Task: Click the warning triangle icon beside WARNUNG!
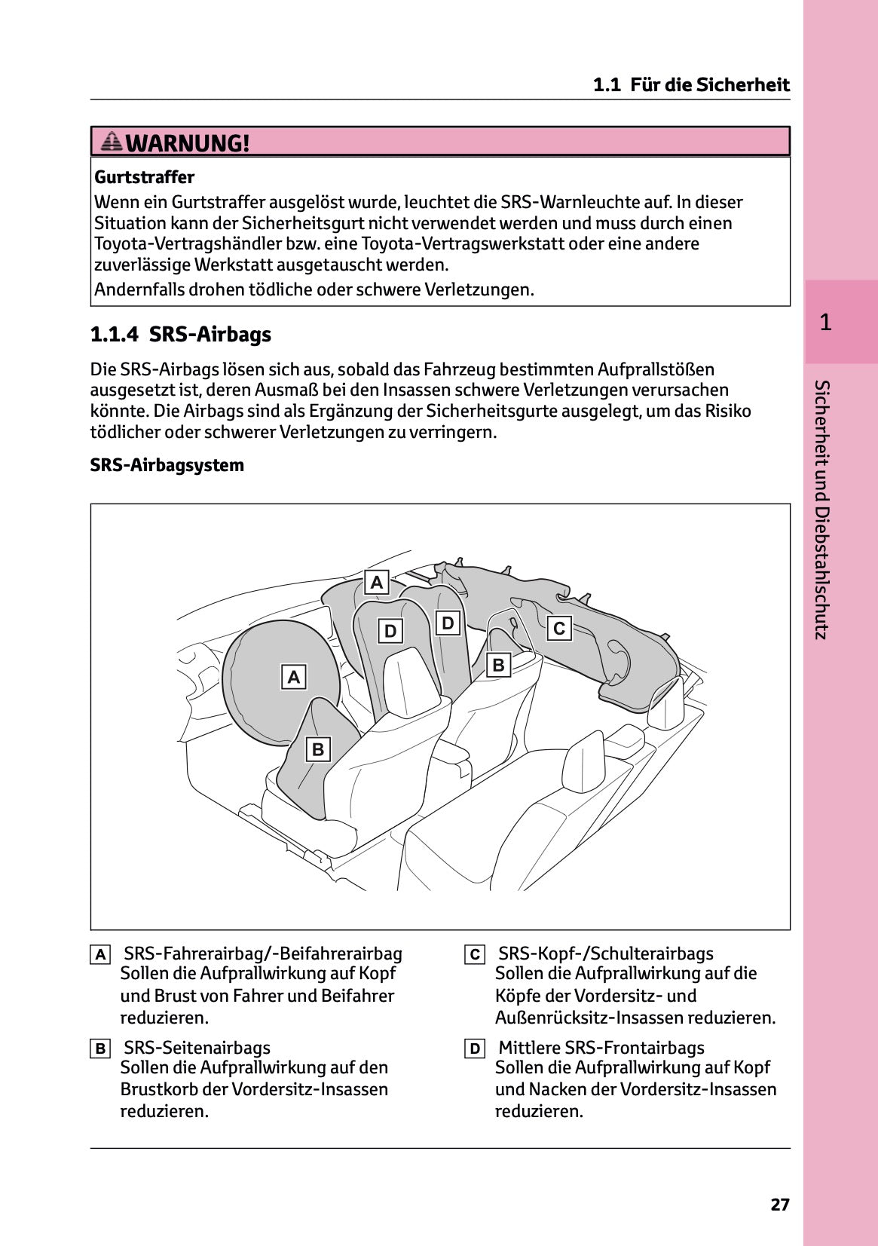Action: tap(112, 141)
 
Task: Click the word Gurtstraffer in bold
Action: tap(144, 177)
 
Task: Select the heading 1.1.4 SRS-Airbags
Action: tap(180, 334)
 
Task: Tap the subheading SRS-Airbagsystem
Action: tap(167, 465)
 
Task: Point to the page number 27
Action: tap(779, 1205)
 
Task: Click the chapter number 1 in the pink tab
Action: tap(825, 323)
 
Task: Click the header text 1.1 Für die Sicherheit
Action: tap(690, 84)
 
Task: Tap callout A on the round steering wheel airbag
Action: tap(294, 677)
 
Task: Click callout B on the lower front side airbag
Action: tap(318, 749)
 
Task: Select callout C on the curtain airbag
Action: tap(559, 628)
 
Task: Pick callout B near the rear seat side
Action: tap(497, 665)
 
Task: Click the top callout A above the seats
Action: tap(377, 582)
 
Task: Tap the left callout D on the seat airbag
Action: tap(390, 631)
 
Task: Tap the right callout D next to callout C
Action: tap(448, 623)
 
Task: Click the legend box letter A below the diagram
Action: tap(100, 955)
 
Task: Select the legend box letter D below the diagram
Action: tap(475, 1049)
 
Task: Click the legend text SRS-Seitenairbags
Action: tap(197, 1048)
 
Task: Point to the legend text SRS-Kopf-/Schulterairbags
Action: tap(605, 954)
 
